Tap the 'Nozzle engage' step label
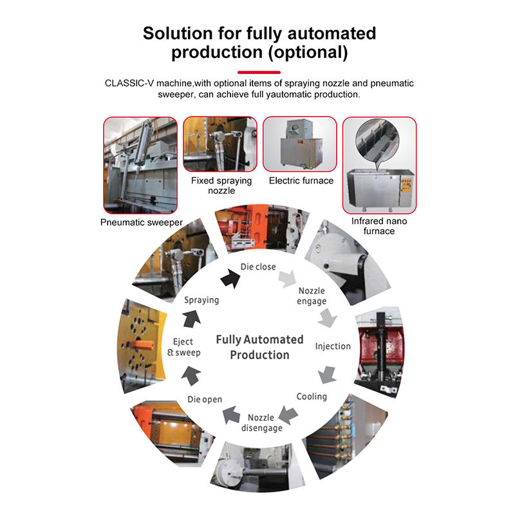312,295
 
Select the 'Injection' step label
332,346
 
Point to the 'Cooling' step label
312,397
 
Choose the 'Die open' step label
205,399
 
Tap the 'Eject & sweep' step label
183,347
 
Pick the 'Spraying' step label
201,300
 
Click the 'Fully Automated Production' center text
259,347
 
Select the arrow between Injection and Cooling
328,373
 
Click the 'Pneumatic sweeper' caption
142,223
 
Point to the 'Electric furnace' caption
301,180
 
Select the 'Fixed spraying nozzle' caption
221,185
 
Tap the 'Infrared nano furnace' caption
379,226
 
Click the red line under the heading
259,71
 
